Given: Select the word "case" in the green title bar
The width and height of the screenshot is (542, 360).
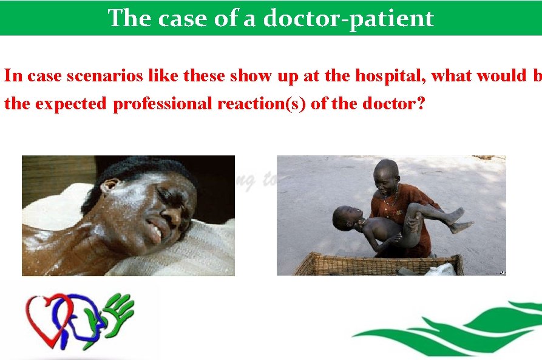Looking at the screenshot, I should [182, 18].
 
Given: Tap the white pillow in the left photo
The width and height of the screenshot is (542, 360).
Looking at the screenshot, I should [182, 255].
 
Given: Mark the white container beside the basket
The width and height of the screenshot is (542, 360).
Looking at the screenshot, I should [442, 270].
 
